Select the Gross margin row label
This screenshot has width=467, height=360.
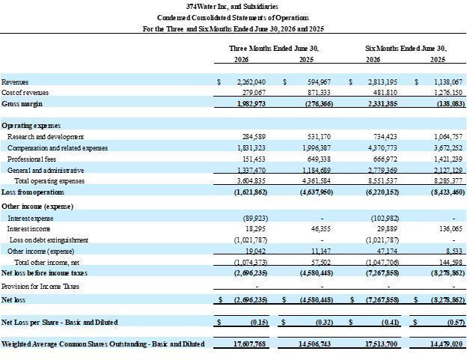coord(22,103)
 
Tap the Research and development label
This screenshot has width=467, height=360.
coord(46,137)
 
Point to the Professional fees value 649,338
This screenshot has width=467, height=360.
coord(319,159)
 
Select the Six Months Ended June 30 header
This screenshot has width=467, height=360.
coord(406,48)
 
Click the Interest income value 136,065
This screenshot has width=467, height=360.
coord(451,229)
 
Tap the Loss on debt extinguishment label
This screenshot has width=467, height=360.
coord(49,240)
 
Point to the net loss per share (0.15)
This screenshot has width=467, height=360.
coord(260,322)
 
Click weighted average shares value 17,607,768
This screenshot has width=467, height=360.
coord(249,344)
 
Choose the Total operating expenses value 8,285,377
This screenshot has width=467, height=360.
coord(448,180)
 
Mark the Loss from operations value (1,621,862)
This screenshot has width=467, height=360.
coord(251,192)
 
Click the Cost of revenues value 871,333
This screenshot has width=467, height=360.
coord(319,93)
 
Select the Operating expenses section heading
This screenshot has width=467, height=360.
coord(31,126)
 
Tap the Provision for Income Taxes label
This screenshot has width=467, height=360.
coord(40,287)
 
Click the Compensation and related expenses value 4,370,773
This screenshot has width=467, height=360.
coord(382,148)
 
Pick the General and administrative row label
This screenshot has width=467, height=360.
coord(46,171)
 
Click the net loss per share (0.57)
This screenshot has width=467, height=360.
coord(456,322)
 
